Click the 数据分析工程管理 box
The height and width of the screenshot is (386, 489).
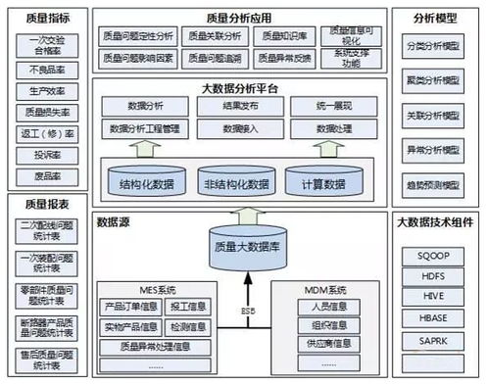pyautogui.click(x=144, y=127)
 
